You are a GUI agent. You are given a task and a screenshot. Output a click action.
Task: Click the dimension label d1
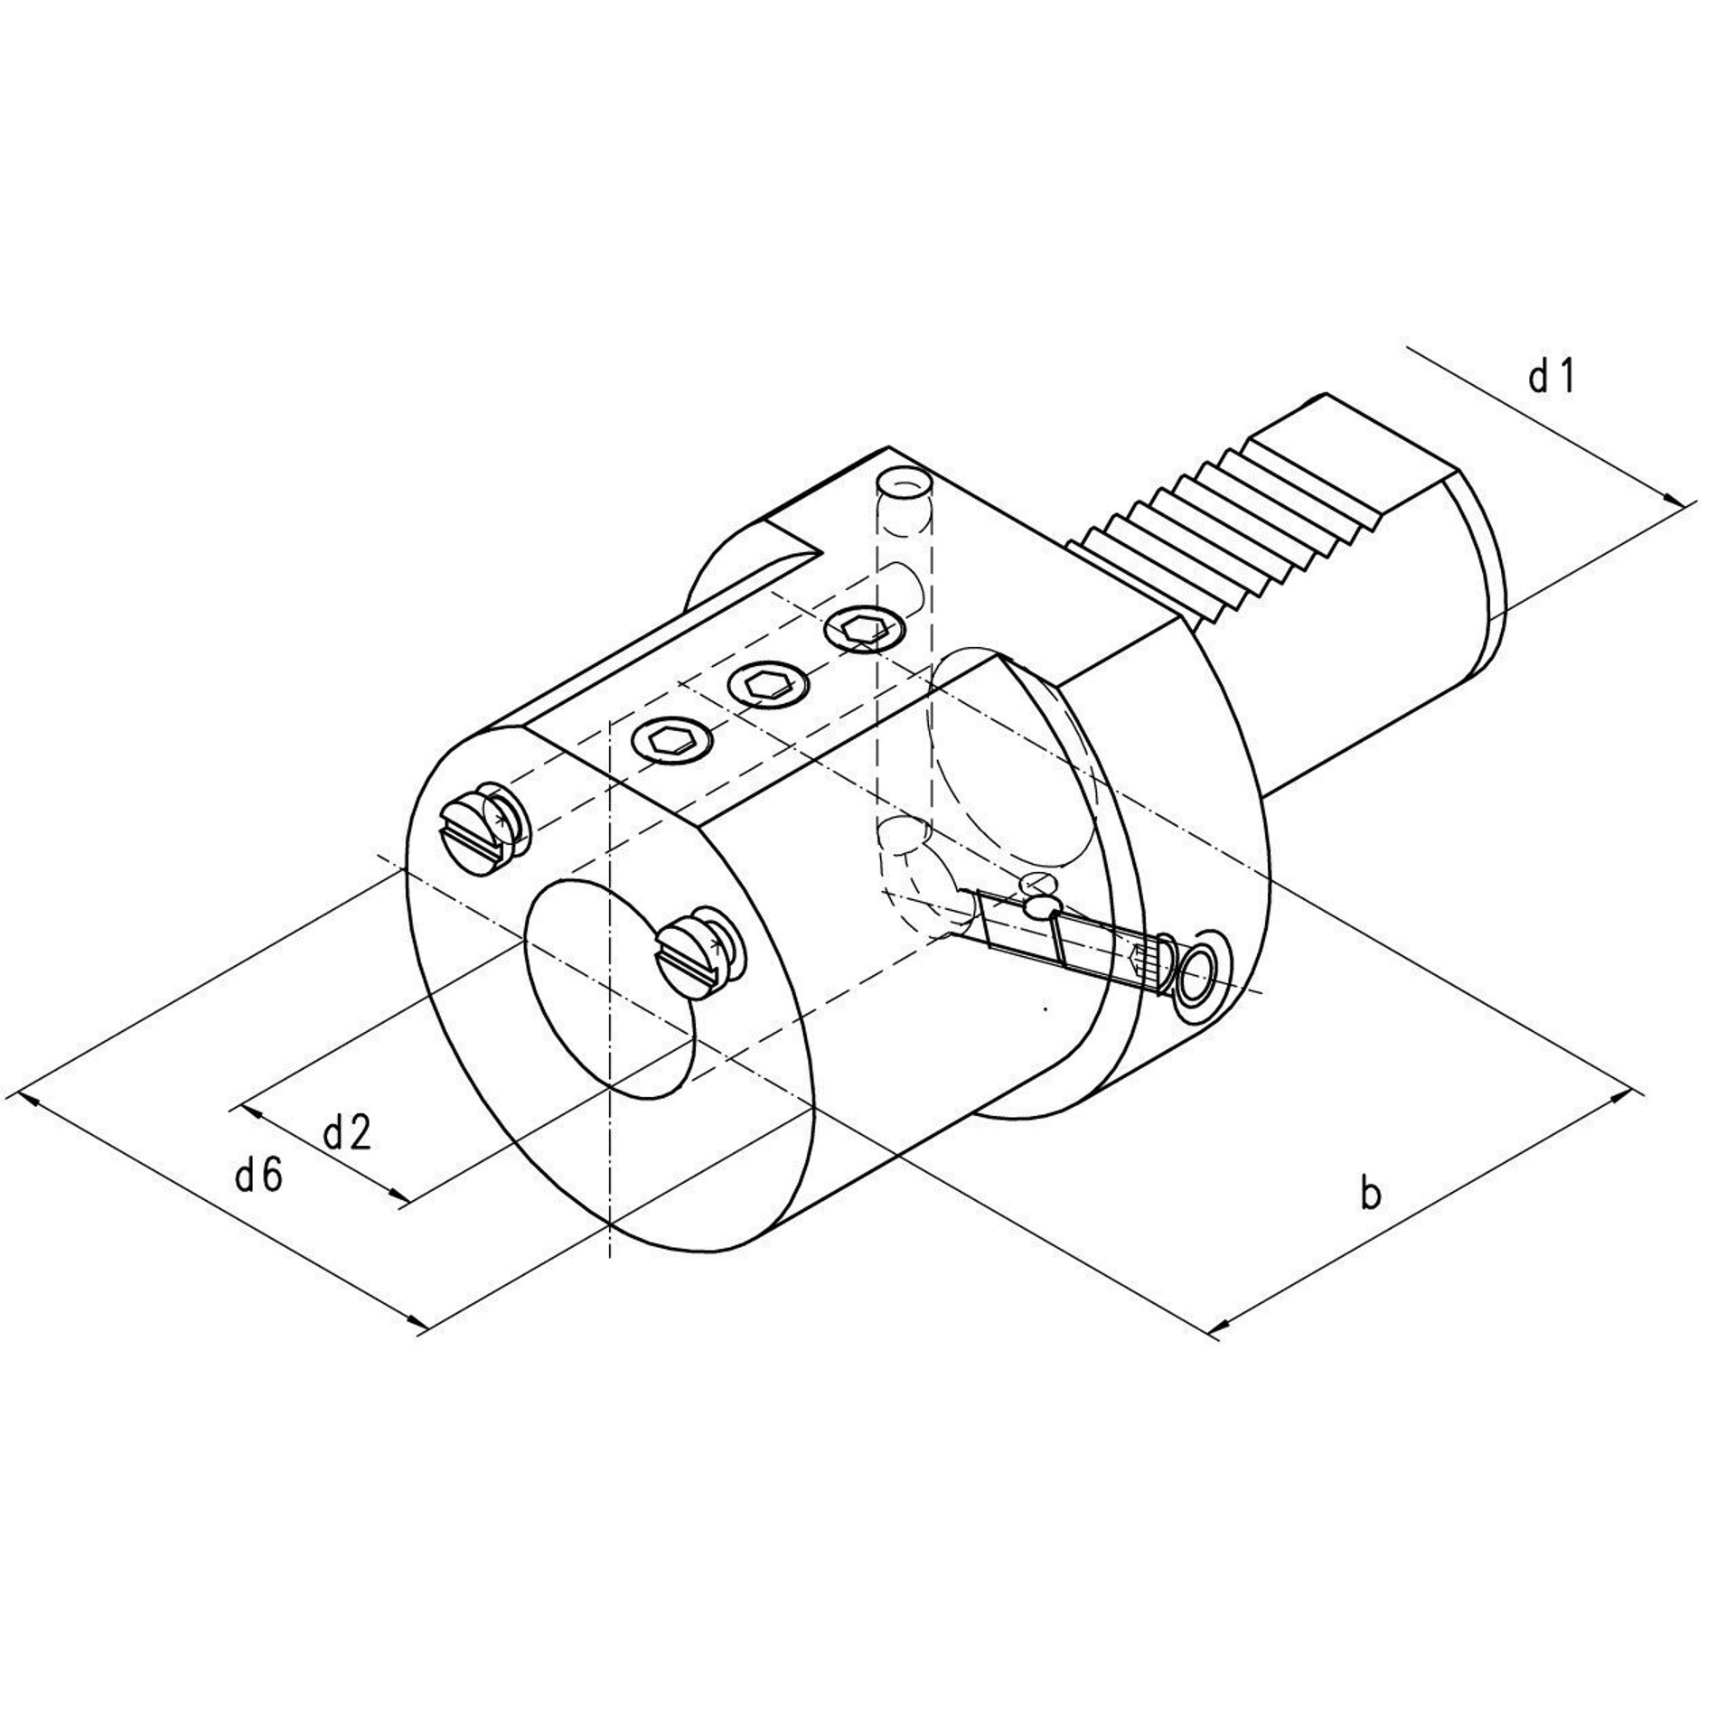(1551, 377)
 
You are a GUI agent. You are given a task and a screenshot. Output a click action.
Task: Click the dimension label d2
(347, 1133)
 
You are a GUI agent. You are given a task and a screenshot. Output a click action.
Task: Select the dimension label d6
(259, 1176)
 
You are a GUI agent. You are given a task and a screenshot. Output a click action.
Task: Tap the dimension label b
(1371, 1194)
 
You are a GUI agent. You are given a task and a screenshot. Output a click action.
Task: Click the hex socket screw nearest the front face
(670, 741)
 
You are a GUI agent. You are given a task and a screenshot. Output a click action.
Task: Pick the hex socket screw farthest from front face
(867, 627)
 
